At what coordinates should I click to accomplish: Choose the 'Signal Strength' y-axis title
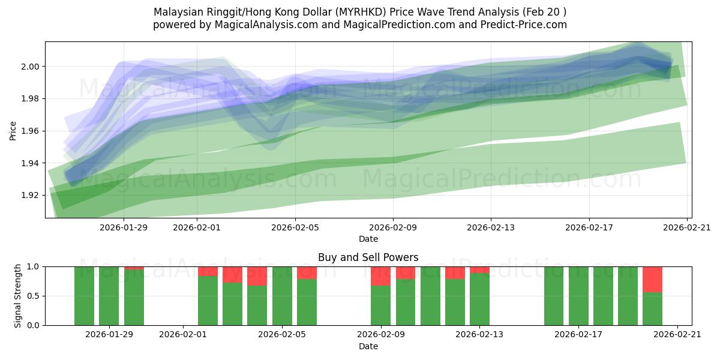(18, 296)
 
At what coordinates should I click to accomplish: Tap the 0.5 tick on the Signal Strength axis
(34, 296)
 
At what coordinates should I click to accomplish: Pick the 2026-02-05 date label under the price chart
(295, 227)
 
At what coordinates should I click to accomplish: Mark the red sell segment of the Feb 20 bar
(652, 279)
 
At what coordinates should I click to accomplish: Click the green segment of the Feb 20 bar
(652, 309)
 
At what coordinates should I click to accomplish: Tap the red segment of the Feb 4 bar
(257, 276)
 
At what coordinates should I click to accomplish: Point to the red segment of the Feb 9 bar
(380, 276)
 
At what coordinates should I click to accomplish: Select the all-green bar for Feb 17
(578, 296)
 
